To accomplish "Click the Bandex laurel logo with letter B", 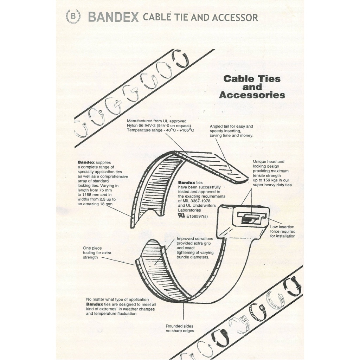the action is click(x=73, y=17).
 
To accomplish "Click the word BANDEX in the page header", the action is click(x=113, y=17).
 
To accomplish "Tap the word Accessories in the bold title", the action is click(x=252, y=95).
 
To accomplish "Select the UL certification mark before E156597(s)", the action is click(x=181, y=216).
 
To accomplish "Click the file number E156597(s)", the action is click(x=197, y=216).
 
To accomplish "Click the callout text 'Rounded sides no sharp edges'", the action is click(x=180, y=328).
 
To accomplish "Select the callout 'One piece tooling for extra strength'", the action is click(x=97, y=252).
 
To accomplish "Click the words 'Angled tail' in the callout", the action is click(x=219, y=126).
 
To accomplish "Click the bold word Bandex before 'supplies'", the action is click(x=86, y=162).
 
